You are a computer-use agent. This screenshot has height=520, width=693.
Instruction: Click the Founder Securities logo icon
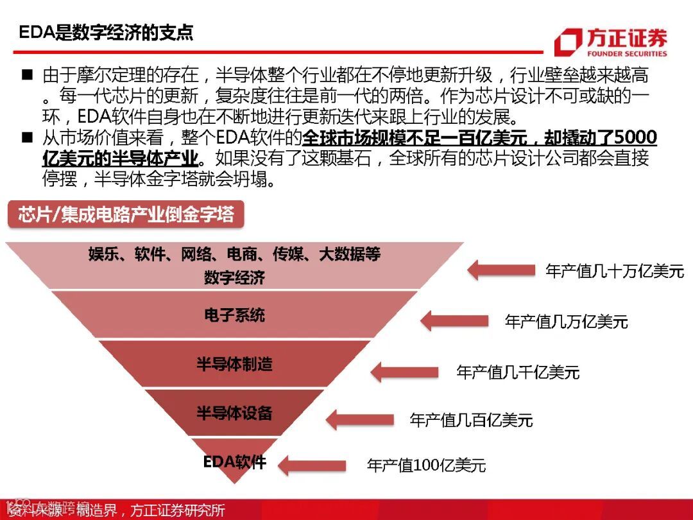pos(567,43)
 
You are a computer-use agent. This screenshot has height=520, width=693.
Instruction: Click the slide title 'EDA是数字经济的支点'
pos(106,33)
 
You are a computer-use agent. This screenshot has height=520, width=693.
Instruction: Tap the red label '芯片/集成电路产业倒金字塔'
pos(126,214)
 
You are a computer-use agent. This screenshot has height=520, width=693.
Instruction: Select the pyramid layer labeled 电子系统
pos(234,315)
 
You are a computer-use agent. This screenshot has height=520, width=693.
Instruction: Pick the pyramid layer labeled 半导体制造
pos(234,364)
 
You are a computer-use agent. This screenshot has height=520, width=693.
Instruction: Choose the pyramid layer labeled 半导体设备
pos(234,412)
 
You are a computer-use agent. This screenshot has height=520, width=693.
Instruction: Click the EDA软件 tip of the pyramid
pos(234,462)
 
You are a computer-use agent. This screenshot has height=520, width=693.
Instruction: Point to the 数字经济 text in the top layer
pos(234,278)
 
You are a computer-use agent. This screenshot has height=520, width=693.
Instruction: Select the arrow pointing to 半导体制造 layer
pos(404,372)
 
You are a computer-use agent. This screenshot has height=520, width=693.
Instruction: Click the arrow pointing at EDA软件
pos(311,465)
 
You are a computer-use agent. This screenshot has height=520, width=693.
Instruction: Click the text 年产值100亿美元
pos(426,465)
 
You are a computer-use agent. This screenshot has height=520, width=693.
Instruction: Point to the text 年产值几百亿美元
pos(471,420)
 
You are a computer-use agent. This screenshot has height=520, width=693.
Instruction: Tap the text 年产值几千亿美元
pos(518,372)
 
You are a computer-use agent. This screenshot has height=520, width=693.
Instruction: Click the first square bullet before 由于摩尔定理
pos(27,74)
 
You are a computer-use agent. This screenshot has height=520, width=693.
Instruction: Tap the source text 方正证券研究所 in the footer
pos(178,511)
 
